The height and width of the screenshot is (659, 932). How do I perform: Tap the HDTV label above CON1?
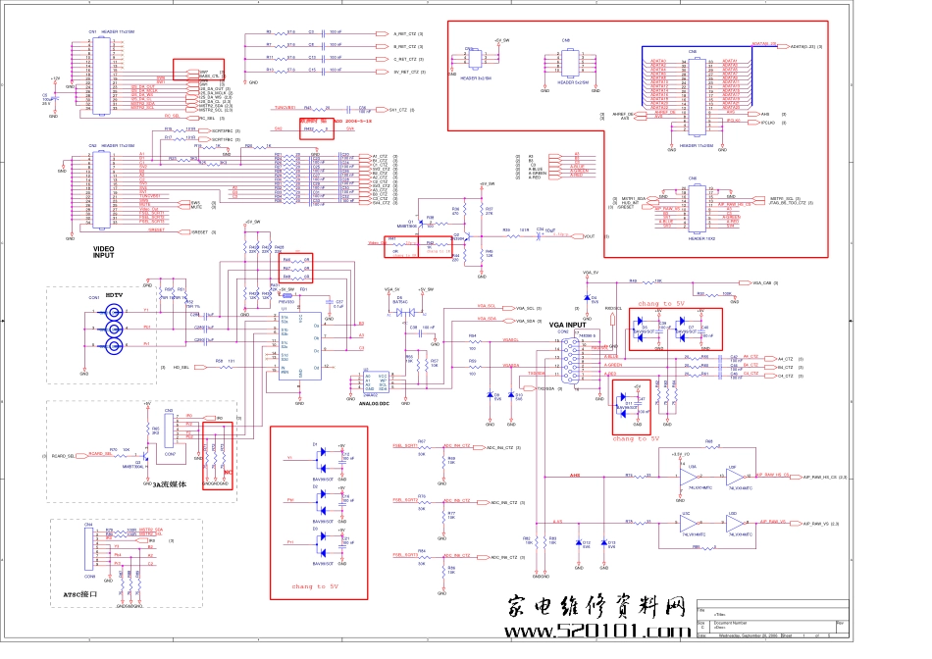point(114,295)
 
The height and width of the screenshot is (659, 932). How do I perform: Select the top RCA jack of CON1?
point(115,312)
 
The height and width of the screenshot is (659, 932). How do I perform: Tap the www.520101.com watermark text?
point(597,632)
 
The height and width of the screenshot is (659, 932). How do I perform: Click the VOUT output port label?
point(589,236)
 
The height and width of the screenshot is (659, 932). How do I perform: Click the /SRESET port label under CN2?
point(196,232)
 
